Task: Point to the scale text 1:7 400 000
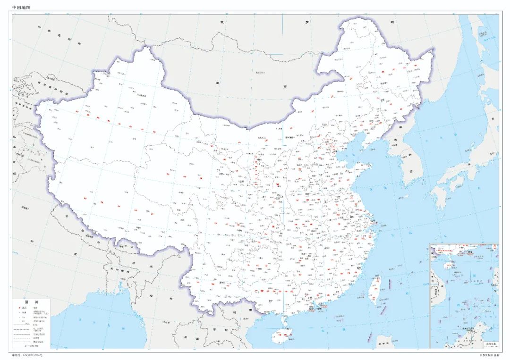coord(30,346)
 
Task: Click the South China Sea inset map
coord(463,295)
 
